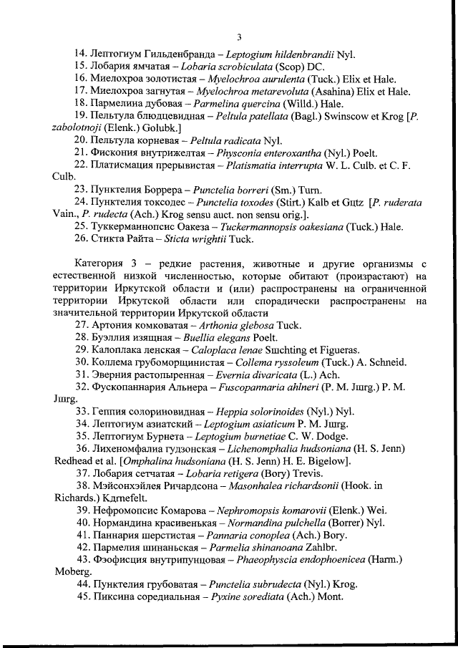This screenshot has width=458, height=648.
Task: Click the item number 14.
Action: coord(81,54)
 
